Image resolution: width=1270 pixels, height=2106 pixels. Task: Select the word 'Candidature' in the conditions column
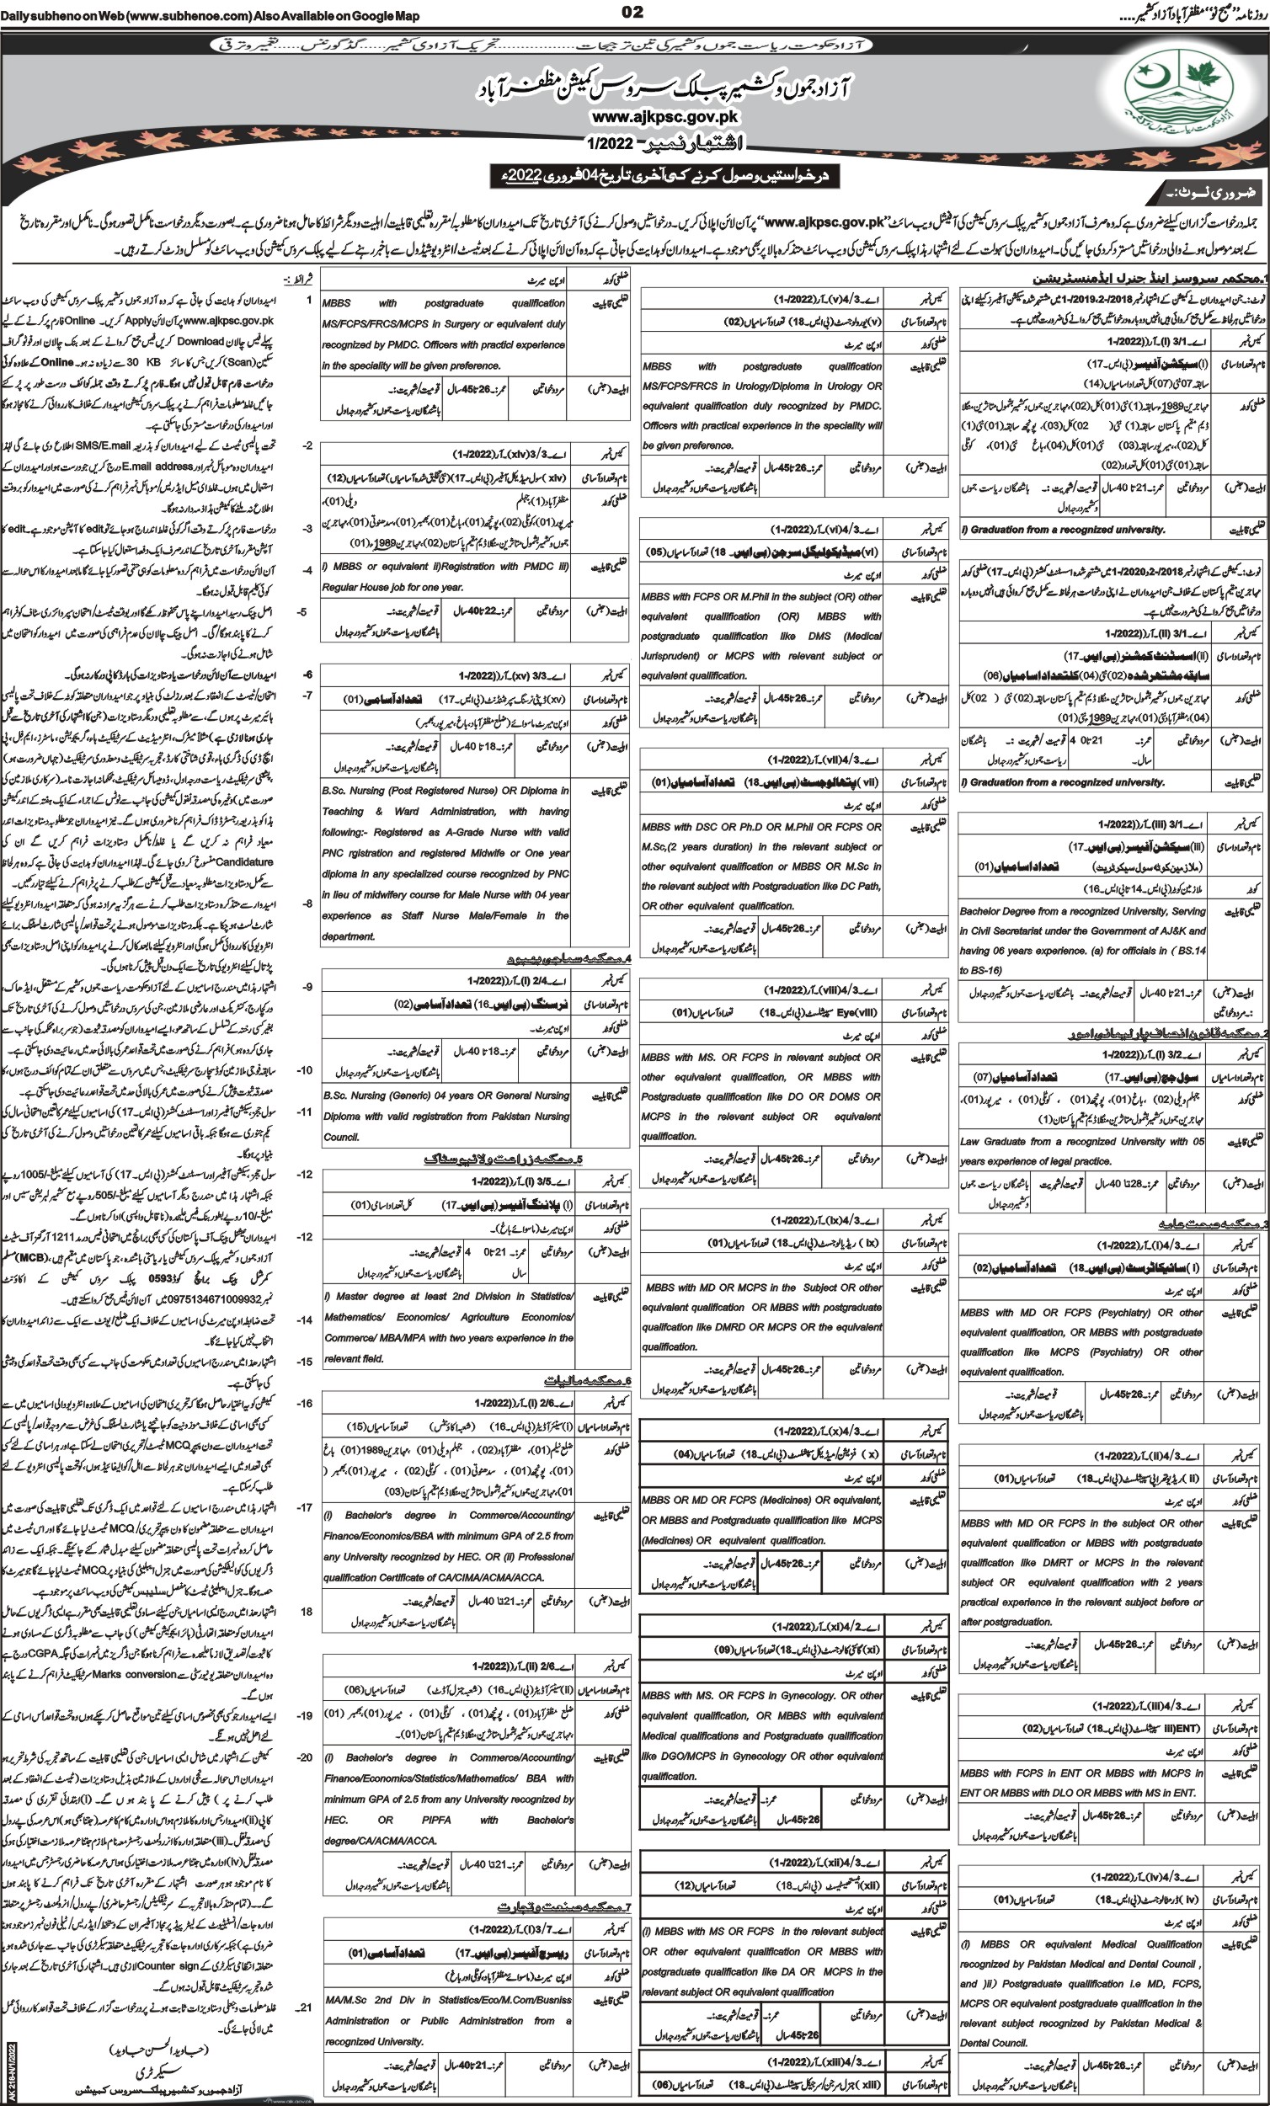245,862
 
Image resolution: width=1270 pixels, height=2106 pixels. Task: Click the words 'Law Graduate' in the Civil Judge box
995,1140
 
